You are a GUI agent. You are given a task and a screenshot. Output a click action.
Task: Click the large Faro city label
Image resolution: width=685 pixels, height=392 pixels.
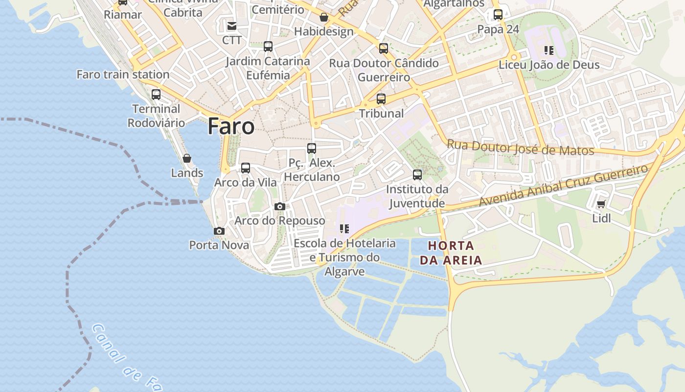[231, 126]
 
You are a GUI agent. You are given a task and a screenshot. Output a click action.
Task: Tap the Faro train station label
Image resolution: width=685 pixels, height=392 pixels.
[123, 74]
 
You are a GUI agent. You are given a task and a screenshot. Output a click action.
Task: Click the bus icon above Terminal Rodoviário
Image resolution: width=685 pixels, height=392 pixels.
[156, 95]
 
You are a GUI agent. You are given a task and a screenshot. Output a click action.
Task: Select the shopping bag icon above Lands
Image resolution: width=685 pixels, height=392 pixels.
[187, 158]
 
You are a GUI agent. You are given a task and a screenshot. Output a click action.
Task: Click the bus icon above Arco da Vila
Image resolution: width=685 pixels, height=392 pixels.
[246, 168]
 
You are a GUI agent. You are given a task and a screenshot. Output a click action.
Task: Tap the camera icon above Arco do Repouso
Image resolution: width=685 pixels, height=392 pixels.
[280, 206]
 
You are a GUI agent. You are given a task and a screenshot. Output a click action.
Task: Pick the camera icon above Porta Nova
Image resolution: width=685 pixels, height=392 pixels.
[219, 231]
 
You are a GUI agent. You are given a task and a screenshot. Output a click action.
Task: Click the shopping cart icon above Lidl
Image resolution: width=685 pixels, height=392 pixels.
[601, 204]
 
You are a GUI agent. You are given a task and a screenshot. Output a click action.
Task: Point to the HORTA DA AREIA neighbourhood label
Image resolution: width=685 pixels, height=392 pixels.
[451, 253]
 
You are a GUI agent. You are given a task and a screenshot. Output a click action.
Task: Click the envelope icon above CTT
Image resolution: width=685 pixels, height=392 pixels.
[232, 25]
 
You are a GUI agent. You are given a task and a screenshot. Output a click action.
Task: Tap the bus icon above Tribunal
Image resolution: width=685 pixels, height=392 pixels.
[381, 99]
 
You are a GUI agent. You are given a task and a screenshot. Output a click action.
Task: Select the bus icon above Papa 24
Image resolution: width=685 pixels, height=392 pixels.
[498, 15]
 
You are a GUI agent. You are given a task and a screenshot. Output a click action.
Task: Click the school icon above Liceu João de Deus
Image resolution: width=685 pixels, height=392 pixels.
[549, 50]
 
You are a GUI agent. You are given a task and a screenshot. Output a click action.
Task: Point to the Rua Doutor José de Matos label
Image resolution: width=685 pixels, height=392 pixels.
[521, 147]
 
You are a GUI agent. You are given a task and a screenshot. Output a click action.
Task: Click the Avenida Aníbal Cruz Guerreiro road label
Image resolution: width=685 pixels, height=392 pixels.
[563, 185]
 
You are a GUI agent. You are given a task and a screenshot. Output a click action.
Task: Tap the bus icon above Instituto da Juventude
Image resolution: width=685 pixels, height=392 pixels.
[417, 175]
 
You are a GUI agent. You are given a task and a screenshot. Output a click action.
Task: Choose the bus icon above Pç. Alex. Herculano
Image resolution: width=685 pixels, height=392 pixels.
[312, 148]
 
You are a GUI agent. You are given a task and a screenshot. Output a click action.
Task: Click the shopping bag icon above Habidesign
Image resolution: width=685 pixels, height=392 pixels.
[324, 17]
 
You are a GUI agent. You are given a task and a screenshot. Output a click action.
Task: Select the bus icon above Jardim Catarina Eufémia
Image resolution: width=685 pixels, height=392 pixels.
[268, 47]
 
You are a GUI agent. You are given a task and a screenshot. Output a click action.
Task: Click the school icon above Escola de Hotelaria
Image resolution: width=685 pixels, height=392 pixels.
[344, 228]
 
